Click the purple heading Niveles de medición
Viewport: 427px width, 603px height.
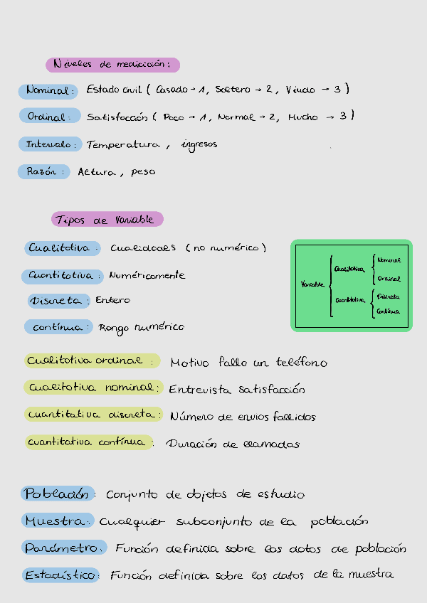tap(112, 65)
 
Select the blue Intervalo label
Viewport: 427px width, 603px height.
tap(49, 144)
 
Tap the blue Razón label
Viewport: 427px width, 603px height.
tap(43, 171)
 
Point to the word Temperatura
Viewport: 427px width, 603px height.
tap(123, 145)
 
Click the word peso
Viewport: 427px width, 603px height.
tap(143, 172)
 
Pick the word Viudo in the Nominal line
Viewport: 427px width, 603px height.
tap(300, 90)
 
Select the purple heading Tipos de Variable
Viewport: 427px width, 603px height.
tap(107, 220)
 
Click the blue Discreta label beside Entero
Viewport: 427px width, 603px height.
tap(58, 301)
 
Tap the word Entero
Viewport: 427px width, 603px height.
tap(113, 301)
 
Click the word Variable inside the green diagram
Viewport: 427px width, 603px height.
tap(313, 284)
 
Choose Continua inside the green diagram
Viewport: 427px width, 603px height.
tap(388, 311)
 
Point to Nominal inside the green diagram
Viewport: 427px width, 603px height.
tap(389, 260)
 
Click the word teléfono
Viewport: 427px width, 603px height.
tap(300, 363)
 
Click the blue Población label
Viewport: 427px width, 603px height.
tap(58, 493)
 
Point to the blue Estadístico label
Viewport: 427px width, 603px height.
tap(61, 575)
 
